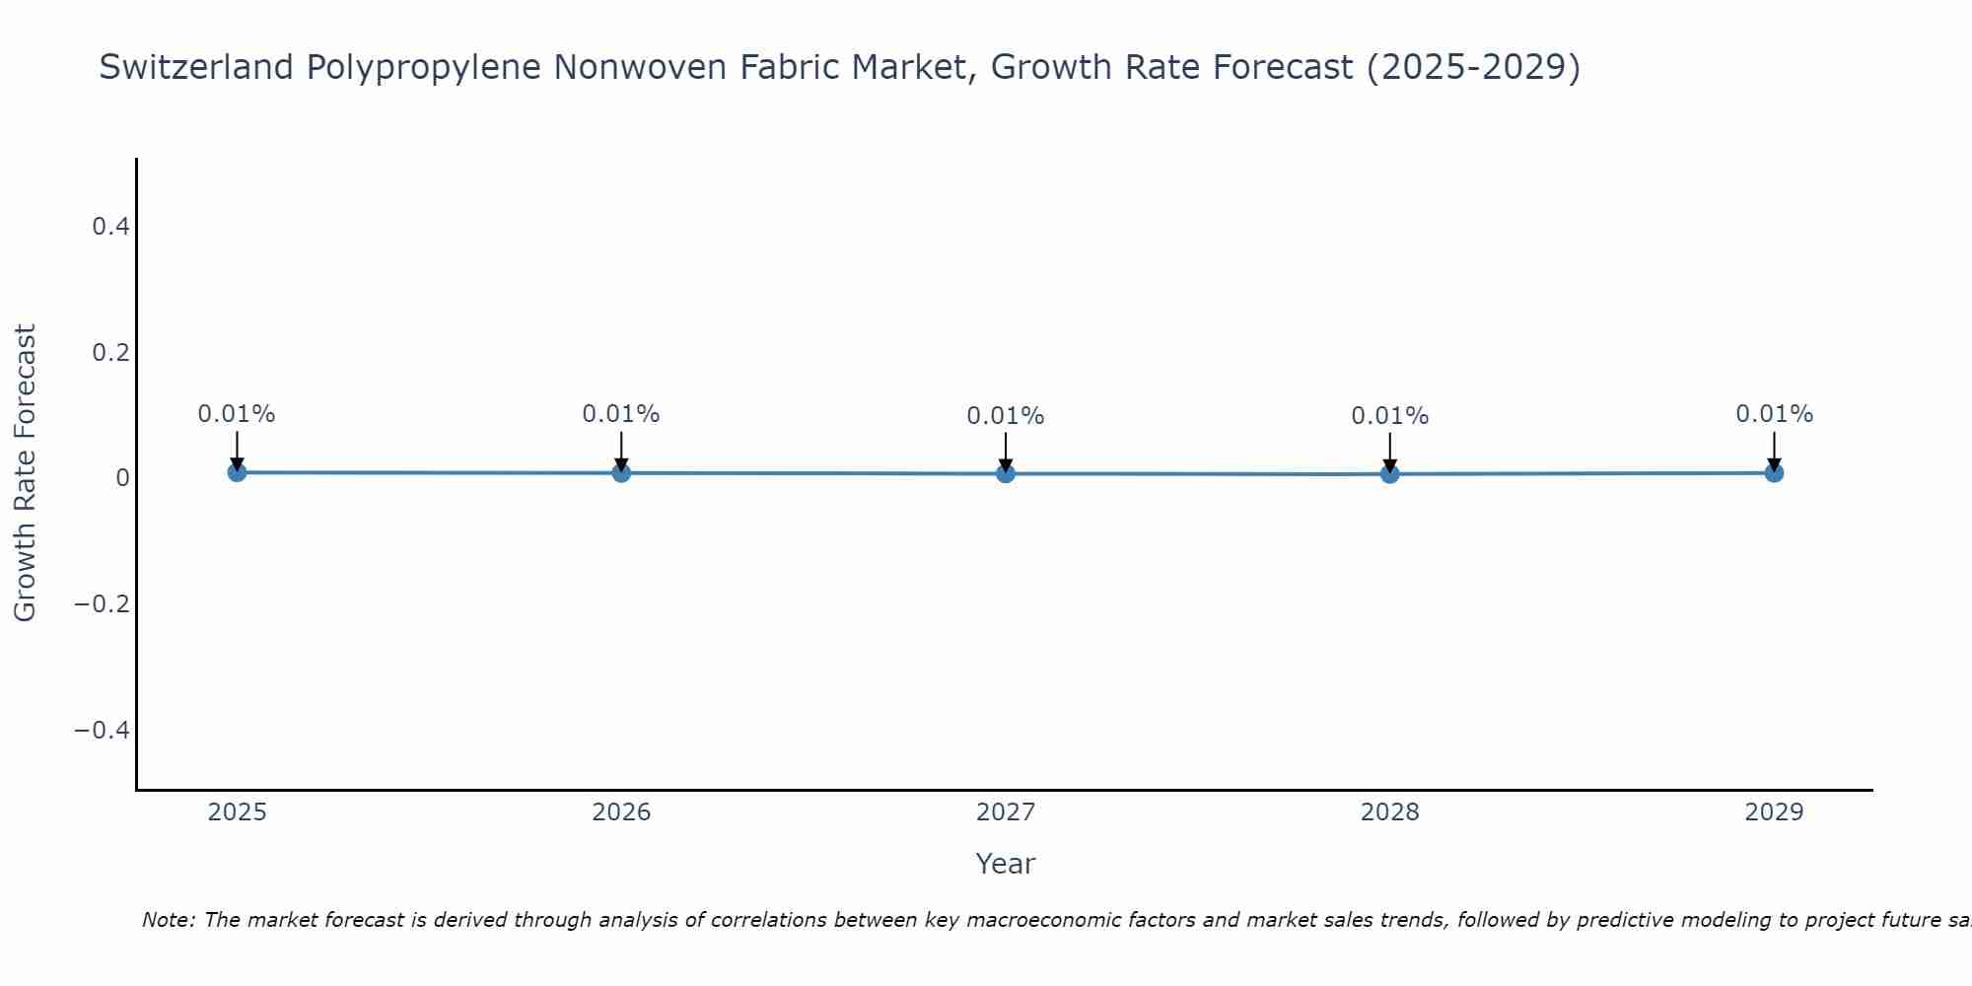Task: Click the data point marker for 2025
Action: (237, 472)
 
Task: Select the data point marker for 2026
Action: (621, 473)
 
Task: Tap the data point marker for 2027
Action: (1006, 474)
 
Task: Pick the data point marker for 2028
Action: (1389, 474)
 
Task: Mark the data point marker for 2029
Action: (1774, 473)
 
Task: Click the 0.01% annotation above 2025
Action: (237, 414)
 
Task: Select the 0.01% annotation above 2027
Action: (1006, 416)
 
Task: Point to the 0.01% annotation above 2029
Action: (1774, 414)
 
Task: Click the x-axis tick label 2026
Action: (621, 812)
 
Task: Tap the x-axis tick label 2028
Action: (1389, 812)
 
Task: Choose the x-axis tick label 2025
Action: (237, 812)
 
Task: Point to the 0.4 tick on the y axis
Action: (110, 227)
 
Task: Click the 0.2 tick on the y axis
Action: (110, 352)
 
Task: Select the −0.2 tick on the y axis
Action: (103, 603)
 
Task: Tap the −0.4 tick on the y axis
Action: (103, 730)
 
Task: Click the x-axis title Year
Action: (1005, 864)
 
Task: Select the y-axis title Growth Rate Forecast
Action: (25, 472)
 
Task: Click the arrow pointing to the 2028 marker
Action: (1389, 453)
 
